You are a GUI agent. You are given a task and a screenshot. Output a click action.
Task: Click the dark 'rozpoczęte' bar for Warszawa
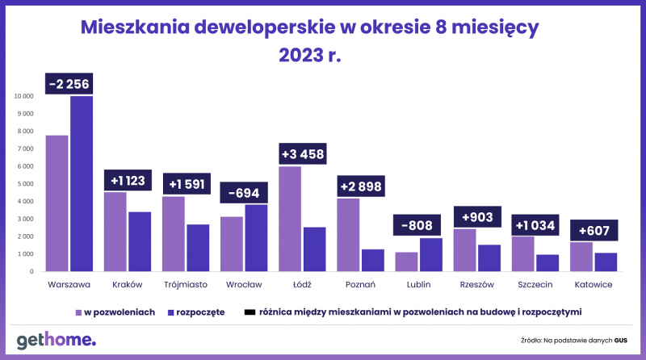82,184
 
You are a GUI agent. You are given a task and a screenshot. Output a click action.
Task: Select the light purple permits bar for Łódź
290,219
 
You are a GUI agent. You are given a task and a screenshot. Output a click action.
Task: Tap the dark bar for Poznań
373,261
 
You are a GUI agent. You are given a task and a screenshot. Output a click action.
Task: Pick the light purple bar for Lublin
406,262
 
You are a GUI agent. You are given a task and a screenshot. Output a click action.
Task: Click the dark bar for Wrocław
256,238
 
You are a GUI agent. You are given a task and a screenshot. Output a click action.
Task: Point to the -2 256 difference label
69,84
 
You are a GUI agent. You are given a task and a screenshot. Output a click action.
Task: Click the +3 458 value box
303,153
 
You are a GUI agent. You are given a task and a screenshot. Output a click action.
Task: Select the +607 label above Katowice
594,230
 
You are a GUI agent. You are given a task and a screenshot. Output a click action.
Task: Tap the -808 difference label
417,225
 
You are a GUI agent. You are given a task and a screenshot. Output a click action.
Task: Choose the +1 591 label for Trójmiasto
187,184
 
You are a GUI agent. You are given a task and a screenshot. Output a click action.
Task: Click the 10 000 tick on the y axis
24,96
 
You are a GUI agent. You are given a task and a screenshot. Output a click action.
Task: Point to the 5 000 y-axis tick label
26,184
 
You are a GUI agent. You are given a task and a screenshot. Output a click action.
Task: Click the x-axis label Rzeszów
477,285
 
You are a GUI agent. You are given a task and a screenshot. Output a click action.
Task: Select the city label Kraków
128,285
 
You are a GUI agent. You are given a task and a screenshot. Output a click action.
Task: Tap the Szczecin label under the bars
535,285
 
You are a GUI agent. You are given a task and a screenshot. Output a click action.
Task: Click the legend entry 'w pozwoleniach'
115,312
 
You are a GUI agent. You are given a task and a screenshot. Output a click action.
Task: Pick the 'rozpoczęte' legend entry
196,312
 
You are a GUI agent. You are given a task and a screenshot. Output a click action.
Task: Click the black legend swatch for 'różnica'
250,312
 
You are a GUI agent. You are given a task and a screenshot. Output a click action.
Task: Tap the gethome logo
56,341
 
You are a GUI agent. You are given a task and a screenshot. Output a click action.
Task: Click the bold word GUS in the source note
621,341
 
